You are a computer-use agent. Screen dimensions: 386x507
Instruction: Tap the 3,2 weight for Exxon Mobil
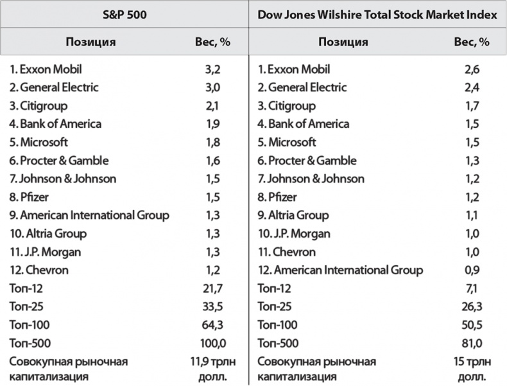tap(212, 69)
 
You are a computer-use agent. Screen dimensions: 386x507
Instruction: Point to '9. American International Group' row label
tap(89, 215)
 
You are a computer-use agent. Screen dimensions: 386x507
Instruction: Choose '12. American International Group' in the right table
tap(340, 270)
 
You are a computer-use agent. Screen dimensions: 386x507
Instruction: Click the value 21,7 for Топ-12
tap(212, 288)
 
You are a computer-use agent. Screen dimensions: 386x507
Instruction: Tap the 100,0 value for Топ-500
tap(212, 343)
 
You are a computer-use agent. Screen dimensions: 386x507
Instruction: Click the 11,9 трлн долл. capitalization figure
tap(212, 368)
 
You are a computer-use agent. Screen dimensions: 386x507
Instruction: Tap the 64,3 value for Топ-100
tap(212, 325)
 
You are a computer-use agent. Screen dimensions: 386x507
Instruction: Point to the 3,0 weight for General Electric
tap(212, 87)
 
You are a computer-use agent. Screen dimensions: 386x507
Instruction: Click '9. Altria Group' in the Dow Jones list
tap(293, 215)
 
